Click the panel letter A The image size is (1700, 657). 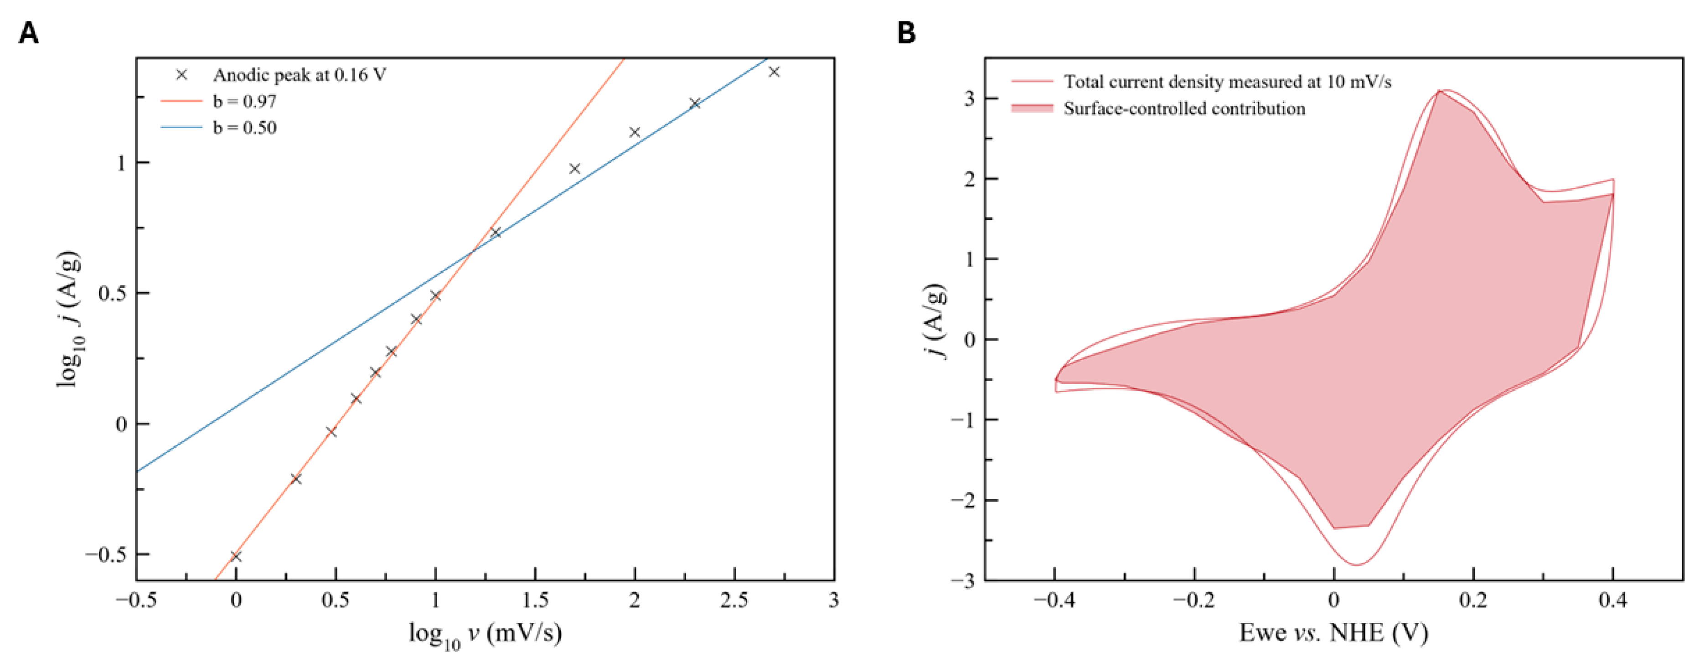click(x=28, y=32)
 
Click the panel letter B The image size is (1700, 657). click(x=906, y=32)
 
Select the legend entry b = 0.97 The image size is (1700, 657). click(x=244, y=101)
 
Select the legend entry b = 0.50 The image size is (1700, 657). click(x=244, y=128)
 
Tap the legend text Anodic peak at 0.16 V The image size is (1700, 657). click(x=299, y=75)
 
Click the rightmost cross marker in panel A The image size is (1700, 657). click(x=774, y=71)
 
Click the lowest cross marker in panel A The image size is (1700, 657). click(x=236, y=556)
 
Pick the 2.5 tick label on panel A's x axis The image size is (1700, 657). click(x=734, y=600)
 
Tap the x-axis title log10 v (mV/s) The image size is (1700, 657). click(x=485, y=634)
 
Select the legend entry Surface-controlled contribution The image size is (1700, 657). click(x=1184, y=109)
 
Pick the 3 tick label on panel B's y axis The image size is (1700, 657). click(x=970, y=98)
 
